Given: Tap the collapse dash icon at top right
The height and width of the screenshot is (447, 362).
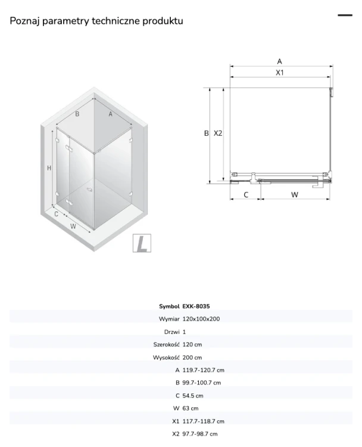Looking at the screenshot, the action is point(345,15).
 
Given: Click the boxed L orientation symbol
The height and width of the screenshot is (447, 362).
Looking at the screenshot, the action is point(142,243).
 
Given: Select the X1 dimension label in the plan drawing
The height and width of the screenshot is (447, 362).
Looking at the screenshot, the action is point(280,73).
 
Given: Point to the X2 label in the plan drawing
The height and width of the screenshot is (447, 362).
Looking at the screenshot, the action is point(218,133).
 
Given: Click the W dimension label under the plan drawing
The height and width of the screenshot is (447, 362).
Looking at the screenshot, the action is point(295,195).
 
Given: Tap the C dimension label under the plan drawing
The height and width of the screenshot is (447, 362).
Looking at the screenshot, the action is point(246,195).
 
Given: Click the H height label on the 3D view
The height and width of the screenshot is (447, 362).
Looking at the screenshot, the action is point(49,168).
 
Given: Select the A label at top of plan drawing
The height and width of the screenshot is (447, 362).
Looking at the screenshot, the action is point(279,61).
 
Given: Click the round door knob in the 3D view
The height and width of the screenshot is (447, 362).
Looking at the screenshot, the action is point(90,189).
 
